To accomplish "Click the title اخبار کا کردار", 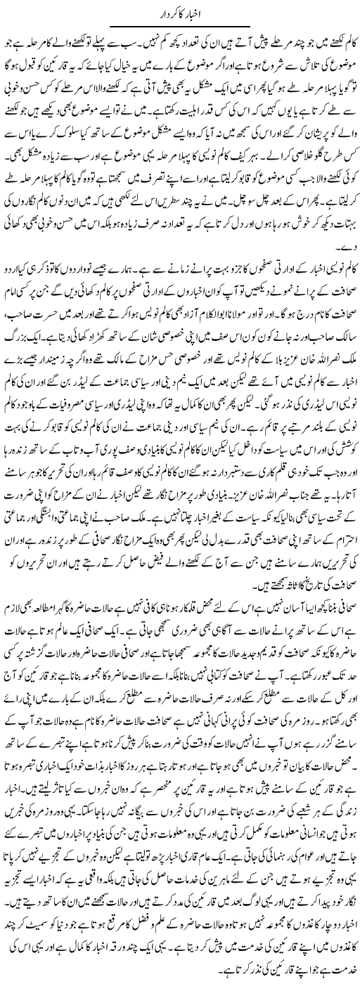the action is (x=179, y=13).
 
